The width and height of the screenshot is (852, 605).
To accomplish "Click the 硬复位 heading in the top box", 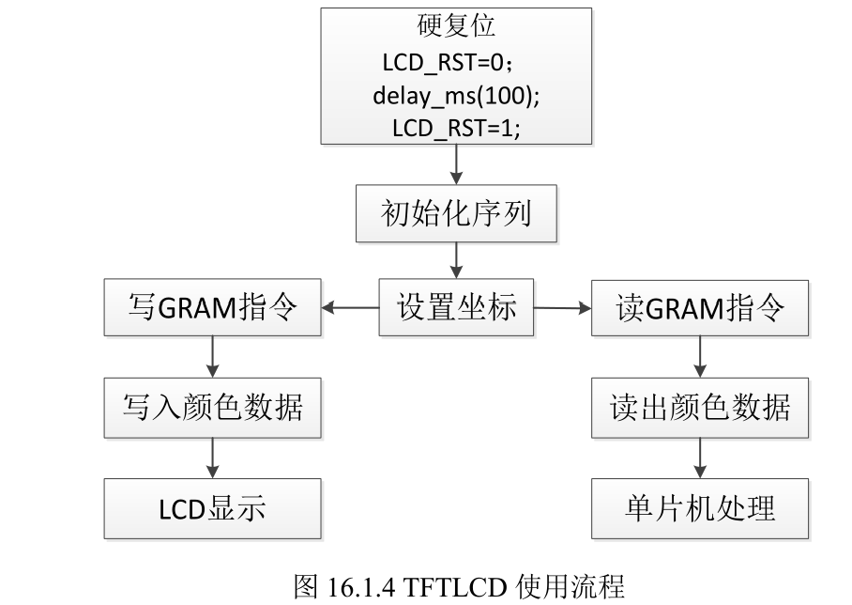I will tap(456, 24).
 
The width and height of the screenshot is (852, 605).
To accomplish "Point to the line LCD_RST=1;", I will tap(456, 128).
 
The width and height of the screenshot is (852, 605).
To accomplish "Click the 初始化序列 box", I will tap(456, 213).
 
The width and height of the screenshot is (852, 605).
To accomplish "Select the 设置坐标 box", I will tap(456, 307).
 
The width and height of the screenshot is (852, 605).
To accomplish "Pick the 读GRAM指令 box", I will tap(700, 307).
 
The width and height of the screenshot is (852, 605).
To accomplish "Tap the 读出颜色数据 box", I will tap(700, 408).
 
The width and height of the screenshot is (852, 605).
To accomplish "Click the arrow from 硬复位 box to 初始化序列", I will tap(456, 165).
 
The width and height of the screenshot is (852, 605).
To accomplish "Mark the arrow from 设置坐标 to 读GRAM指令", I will tap(562, 306).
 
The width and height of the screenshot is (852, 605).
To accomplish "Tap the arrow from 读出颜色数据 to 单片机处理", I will tap(700, 458).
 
